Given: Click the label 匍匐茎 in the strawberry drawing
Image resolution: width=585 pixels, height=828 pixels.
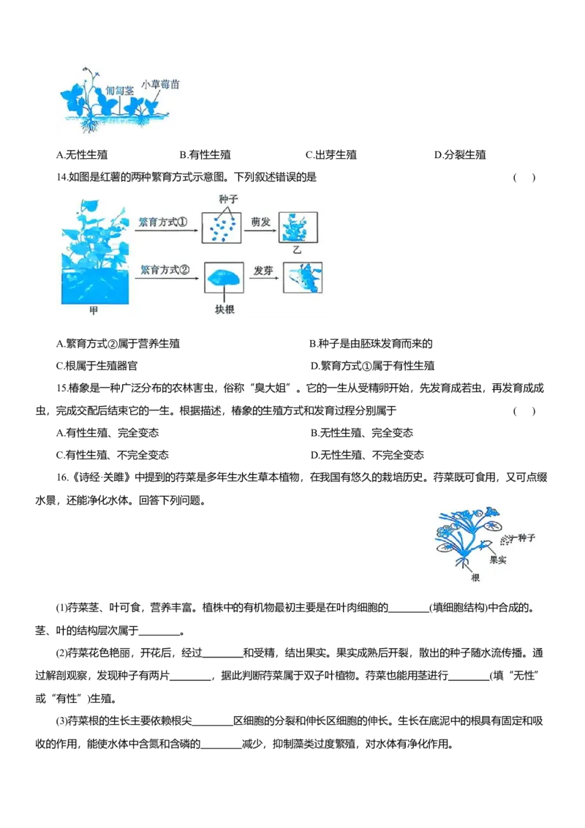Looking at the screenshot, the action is [120, 91].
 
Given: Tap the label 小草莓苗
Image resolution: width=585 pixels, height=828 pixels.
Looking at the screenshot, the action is [160, 84].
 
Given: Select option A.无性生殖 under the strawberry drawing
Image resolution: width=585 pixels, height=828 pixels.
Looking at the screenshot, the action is [82, 155].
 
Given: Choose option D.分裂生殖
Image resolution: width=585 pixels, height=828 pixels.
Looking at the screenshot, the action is [460, 155].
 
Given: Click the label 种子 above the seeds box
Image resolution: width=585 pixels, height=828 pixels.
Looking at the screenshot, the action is [228, 199].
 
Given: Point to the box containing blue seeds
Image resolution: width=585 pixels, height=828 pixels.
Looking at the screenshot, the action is [222, 227].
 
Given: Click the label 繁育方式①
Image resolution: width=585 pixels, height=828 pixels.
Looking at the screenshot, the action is [163, 222].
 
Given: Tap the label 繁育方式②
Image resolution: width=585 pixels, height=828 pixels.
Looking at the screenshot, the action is [165, 270].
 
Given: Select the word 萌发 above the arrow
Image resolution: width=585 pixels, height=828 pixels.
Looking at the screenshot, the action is [261, 222].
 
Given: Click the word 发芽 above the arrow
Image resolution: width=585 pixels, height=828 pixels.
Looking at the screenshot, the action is [263, 271].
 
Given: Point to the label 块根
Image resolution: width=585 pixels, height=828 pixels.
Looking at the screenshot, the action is [224, 309].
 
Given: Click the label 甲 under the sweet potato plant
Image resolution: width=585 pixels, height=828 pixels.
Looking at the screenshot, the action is [94, 310].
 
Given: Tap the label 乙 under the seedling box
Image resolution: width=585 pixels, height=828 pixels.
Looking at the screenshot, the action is [297, 249].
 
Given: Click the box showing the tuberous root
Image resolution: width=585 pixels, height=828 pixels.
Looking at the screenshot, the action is [224, 277].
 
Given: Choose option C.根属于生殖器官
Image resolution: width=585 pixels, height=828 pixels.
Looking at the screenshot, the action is [97, 366].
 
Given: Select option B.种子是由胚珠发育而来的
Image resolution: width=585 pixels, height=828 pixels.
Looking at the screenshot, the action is [371, 344].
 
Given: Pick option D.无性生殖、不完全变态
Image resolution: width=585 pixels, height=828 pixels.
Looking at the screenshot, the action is [368, 455].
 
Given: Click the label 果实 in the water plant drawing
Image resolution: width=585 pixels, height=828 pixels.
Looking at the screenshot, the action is [497, 560].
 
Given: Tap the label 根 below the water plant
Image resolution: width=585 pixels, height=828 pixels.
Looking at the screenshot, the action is [475, 578].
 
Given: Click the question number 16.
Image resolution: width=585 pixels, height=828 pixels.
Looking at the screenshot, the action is [62, 478].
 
